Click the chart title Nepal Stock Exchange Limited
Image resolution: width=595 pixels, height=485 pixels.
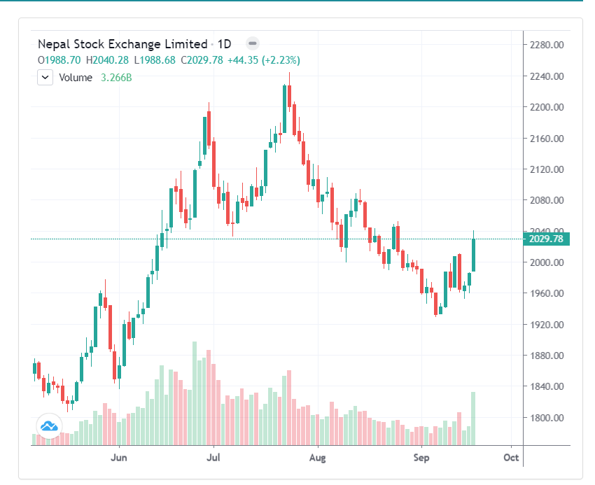click(x=122, y=44)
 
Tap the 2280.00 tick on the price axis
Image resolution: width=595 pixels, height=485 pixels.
click(x=548, y=45)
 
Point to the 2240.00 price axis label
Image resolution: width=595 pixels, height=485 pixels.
click(x=548, y=76)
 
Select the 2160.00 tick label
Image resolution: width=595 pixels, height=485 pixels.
click(x=548, y=139)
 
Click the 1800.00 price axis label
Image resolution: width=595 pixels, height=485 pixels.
click(x=548, y=418)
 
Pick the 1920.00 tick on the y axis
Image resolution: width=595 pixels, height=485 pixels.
click(x=548, y=325)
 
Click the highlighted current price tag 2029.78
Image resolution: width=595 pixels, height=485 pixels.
click(x=547, y=239)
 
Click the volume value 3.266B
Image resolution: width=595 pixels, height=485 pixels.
click(x=116, y=78)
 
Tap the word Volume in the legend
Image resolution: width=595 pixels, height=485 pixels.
click(x=76, y=78)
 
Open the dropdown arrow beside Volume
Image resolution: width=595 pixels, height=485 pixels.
click(x=45, y=78)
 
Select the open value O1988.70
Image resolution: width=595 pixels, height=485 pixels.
click(x=59, y=60)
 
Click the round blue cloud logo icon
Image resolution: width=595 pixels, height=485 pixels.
click(x=48, y=426)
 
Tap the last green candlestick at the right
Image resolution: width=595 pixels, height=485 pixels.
click(x=474, y=255)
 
